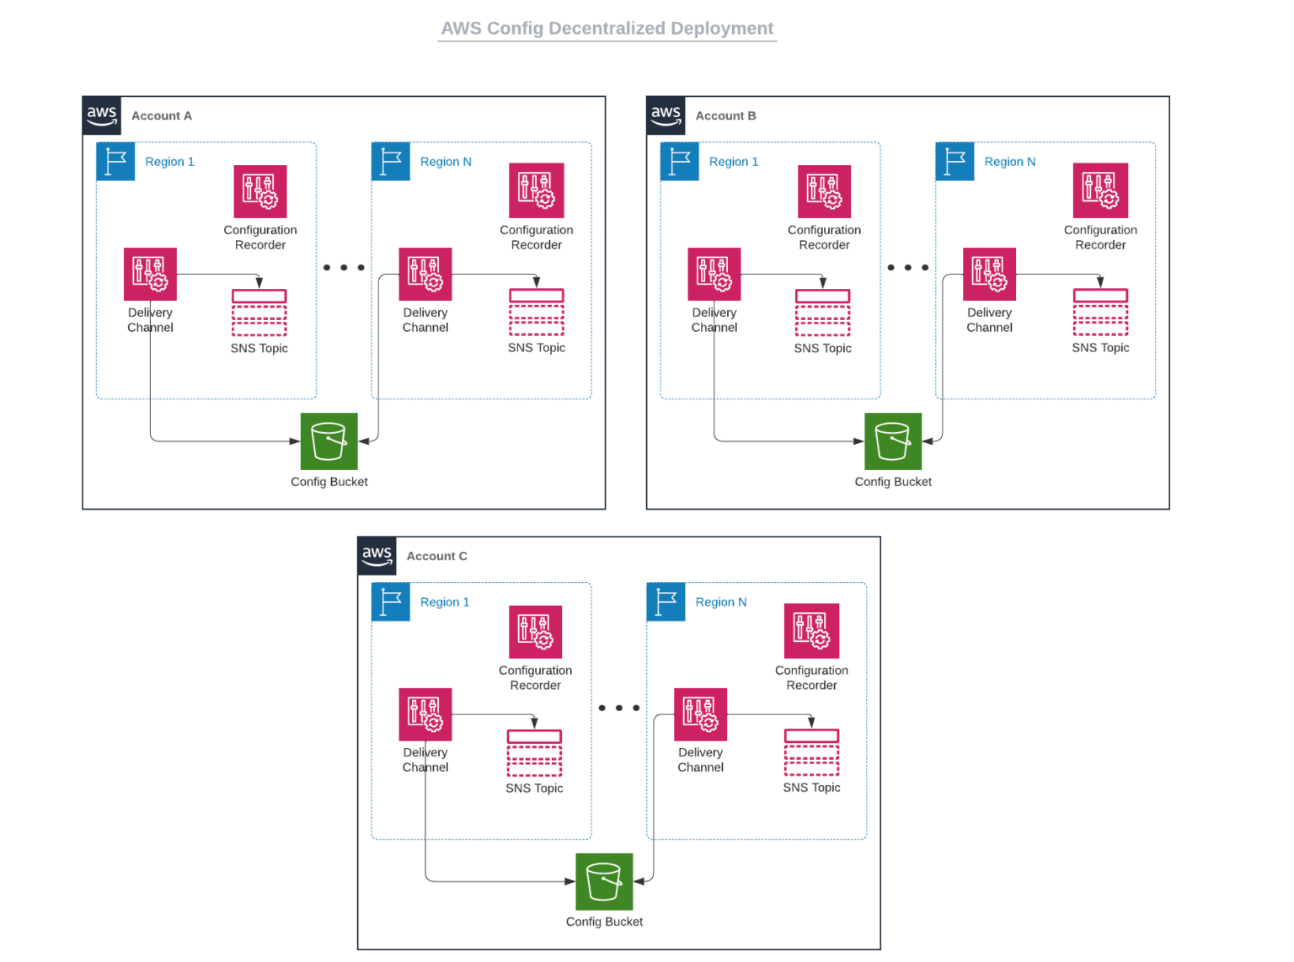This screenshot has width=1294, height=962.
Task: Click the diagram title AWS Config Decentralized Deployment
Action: pos(607,29)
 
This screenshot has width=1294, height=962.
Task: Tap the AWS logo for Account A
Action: pos(102,115)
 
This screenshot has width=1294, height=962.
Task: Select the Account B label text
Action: pos(725,115)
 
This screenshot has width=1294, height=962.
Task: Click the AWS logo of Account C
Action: pos(377,556)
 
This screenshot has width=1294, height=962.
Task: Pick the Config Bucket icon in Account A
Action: pos(329,441)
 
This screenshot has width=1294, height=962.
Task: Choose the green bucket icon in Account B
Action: pos(893,441)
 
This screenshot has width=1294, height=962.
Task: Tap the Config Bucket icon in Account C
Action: pos(604,882)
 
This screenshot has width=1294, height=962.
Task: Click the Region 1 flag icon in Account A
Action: pos(115,162)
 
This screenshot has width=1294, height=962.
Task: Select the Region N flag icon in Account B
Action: pos(954,162)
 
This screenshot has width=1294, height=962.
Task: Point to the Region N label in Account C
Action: pos(720,602)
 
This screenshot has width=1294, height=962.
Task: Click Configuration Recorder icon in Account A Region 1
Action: pos(260,191)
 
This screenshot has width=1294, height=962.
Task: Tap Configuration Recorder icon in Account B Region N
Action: pos(1100,190)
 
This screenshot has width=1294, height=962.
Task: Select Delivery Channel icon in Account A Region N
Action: pos(425,274)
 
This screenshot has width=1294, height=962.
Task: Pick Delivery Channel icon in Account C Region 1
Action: pos(425,714)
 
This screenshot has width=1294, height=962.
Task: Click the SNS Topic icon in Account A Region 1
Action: pos(259,313)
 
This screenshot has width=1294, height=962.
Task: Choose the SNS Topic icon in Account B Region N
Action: pos(1100,313)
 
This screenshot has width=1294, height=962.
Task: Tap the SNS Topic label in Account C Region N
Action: pos(811,788)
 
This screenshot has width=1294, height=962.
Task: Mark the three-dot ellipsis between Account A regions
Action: pos(344,268)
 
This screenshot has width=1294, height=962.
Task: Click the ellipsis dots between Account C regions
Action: pos(619,708)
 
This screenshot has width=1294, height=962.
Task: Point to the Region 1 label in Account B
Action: pos(733,162)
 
